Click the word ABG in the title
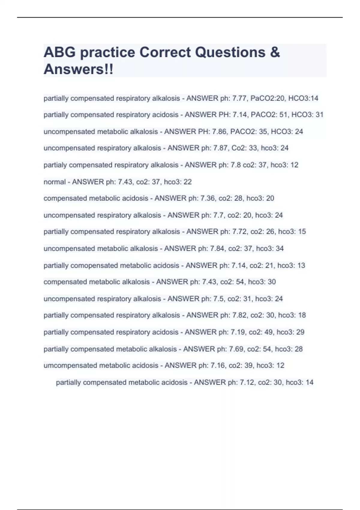click(59, 52)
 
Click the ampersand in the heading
click(275, 52)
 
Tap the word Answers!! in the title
click(79, 69)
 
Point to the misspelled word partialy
click(55, 165)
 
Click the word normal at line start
click(55, 182)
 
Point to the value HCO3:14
click(303, 98)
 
